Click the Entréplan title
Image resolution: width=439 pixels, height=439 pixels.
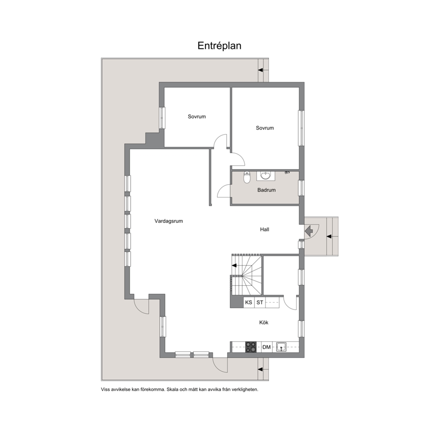[x=219, y=46]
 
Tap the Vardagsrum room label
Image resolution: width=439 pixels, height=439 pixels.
[x=169, y=221]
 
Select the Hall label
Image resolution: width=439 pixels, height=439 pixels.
[x=265, y=230]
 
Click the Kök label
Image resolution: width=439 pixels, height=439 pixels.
[x=264, y=323]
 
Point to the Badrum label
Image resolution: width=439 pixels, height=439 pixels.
[x=266, y=190]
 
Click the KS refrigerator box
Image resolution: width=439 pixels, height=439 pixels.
[x=249, y=302]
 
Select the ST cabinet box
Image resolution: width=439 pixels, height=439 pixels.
[x=260, y=302]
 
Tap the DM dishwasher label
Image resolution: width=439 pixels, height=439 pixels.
[x=266, y=347]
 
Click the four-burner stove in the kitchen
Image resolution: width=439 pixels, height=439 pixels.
[x=250, y=347]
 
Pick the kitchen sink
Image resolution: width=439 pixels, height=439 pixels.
[x=281, y=347]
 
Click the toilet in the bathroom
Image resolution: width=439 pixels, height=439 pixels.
[x=246, y=177]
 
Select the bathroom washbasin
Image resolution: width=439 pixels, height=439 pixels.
[x=266, y=176]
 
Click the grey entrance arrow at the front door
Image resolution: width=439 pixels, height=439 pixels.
[x=309, y=231]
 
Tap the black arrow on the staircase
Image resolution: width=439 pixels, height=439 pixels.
[x=234, y=266]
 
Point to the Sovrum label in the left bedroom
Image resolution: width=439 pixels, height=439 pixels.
[x=197, y=116]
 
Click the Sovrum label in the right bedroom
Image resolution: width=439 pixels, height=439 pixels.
[x=265, y=128]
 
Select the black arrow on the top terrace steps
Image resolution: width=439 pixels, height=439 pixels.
[x=261, y=70]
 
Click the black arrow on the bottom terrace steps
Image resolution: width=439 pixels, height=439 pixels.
[x=260, y=370]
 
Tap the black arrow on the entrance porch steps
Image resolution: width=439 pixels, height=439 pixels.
[x=329, y=237]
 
